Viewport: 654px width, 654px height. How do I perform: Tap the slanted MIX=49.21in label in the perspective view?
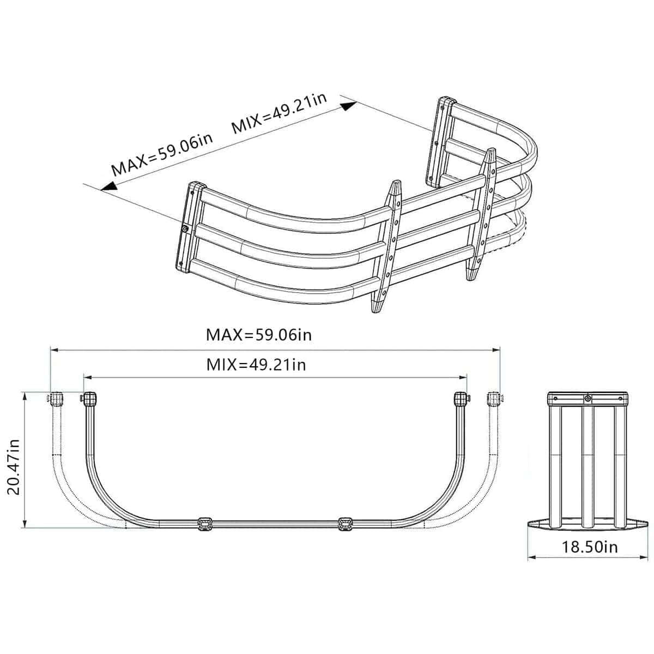click(279, 113)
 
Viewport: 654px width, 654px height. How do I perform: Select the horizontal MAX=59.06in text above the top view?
click(259, 334)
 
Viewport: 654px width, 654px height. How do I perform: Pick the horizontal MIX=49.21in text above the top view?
click(256, 364)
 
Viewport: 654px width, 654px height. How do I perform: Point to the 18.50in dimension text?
click(590, 547)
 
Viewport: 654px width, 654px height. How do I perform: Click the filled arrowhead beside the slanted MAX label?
click(108, 186)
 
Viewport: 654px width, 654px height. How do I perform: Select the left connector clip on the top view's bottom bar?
click(205, 523)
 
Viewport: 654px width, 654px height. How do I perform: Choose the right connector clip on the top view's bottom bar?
click(344, 523)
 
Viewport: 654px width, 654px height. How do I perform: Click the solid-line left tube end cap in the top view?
click(89, 399)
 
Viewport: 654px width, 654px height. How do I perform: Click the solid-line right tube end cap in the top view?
click(461, 399)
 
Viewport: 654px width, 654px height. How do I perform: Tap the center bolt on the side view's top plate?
click(588, 398)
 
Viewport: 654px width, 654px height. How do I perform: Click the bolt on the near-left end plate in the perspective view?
click(186, 229)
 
